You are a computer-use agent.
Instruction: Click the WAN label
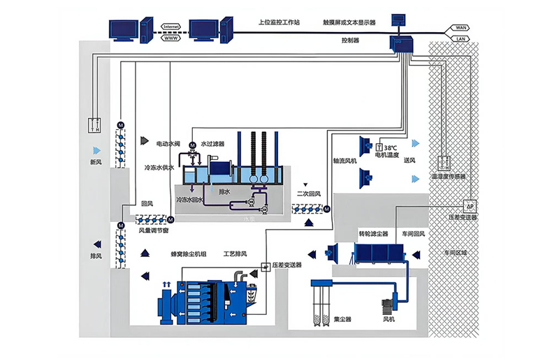[461, 28]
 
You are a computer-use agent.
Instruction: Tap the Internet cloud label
[171, 27]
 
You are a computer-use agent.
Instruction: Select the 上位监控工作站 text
[278, 22]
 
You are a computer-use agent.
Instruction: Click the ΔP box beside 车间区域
[470, 206]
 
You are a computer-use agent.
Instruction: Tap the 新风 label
[96, 163]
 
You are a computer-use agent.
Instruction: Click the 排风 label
[96, 257]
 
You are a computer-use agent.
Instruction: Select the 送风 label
[410, 161]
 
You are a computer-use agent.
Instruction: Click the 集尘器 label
[342, 319]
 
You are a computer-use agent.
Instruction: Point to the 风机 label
[389, 319]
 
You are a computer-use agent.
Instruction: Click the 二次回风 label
[308, 193]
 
